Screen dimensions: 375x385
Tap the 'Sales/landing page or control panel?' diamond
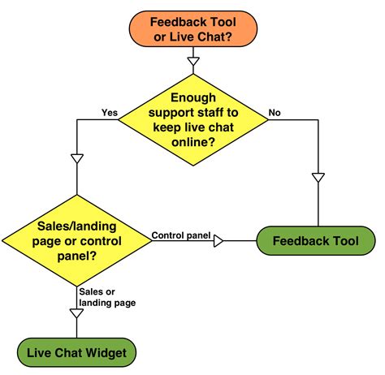point(76,239)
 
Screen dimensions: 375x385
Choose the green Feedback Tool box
point(317,241)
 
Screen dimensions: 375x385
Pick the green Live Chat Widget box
point(76,353)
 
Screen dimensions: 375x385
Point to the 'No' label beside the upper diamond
point(275,112)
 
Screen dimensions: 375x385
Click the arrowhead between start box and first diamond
point(192,60)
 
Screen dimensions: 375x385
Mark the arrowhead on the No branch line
point(318,176)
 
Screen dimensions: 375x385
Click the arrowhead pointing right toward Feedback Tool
point(218,240)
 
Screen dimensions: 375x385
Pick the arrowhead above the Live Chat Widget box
point(76,313)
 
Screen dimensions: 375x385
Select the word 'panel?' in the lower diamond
point(76,256)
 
